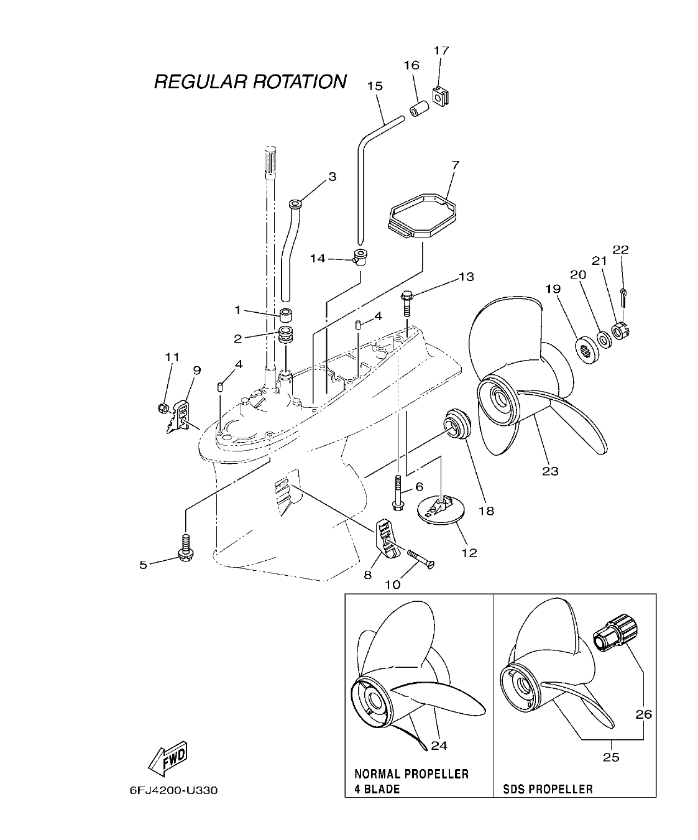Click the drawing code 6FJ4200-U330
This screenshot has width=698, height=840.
[174, 792]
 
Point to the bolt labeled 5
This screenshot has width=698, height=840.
[185, 547]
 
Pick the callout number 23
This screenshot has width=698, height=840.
[550, 471]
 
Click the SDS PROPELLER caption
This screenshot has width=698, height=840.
[548, 789]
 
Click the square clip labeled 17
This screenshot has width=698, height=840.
[441, 95]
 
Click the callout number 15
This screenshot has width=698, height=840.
[375, 86]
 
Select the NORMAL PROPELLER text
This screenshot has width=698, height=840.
[411, 774]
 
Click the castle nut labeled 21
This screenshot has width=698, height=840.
[618, 331]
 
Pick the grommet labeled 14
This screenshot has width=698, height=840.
[359, 256]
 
